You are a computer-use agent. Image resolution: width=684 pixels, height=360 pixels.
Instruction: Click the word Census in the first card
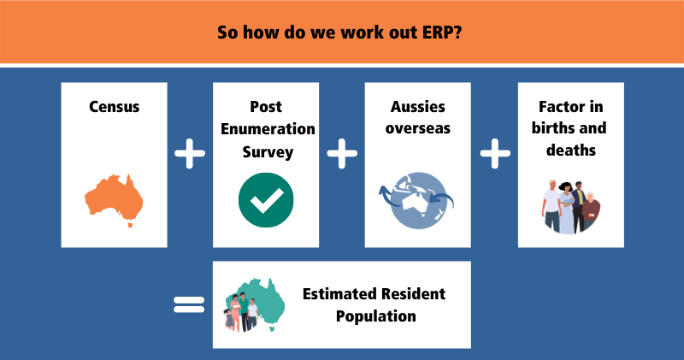(x=114, y=108)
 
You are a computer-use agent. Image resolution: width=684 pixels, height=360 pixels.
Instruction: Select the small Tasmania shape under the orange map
(x=129, y=226)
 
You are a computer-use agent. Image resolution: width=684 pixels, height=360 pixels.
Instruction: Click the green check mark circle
(x=265, y=200)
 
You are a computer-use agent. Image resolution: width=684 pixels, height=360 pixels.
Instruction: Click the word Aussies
(x=417, y=108)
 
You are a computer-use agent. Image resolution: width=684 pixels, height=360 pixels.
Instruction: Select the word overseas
(x=417, y=129)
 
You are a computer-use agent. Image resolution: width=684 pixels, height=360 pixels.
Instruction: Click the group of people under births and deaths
(x=570, y=206)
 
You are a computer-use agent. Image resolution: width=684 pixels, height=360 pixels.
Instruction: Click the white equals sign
(x=189, y=304)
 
